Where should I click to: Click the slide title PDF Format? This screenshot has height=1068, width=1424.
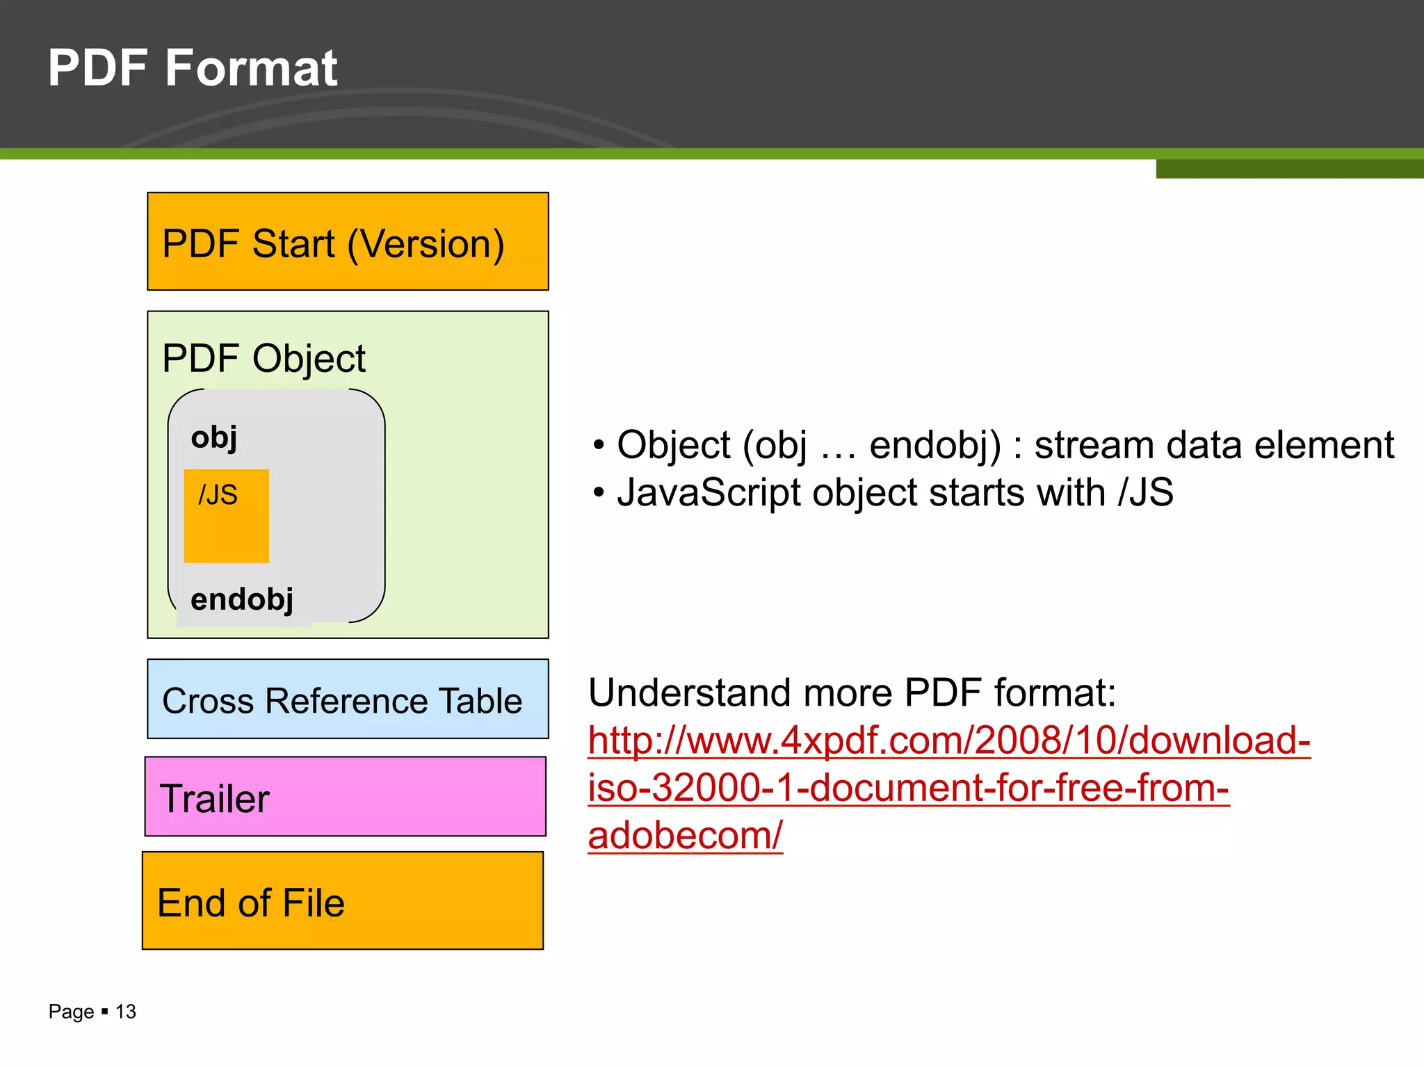coord(193,68)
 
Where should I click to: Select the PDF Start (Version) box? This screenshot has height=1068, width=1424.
coord(348,241)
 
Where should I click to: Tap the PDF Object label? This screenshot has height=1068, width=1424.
coord(264,359)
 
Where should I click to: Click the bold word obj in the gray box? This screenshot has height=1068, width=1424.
coord(214,438)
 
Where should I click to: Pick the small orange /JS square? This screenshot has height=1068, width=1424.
coord(226,516)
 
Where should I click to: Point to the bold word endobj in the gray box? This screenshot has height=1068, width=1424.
coord(242,599)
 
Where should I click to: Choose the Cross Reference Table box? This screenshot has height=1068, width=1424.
coord(348,699)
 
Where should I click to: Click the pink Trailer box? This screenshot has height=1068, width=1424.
coord(345,797)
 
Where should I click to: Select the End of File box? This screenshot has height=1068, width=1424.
coord(342,901)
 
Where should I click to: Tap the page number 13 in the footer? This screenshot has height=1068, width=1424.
coord(126,1012)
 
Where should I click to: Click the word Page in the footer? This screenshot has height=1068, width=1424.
coord(71,1012)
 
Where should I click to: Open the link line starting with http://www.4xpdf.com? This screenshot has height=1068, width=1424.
coord(949,740)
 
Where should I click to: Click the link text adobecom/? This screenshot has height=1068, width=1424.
coord(685,835)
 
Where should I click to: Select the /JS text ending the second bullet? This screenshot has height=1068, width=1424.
coord(1145,493)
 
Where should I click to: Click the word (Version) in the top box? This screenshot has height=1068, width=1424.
coord(426,245)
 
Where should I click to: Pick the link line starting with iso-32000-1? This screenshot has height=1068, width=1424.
coord(908,788)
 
